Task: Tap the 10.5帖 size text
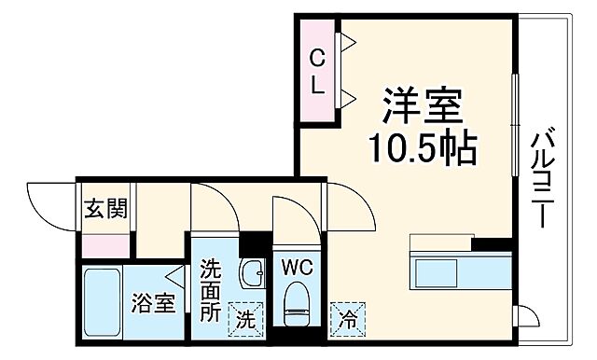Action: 422,146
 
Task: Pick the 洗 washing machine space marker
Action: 244,317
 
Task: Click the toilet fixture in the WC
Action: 296,305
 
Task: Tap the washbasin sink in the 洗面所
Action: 251,274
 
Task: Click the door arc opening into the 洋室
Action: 350,207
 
